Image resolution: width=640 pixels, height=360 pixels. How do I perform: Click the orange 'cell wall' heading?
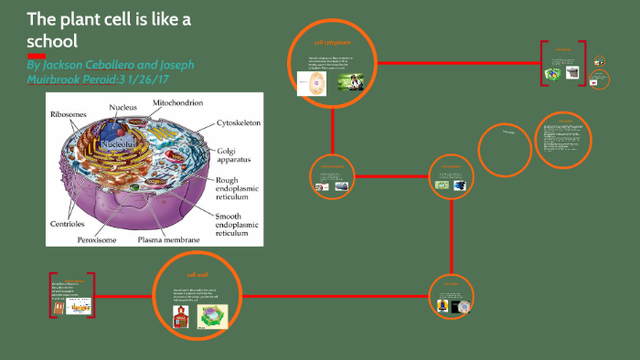[x=198, y=274]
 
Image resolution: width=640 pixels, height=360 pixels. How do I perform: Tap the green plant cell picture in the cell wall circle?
[x=213, y=315]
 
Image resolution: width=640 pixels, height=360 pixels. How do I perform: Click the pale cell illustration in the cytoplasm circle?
[x=314, y=85]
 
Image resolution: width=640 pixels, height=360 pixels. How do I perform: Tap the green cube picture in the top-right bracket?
[x=553, y=73]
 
